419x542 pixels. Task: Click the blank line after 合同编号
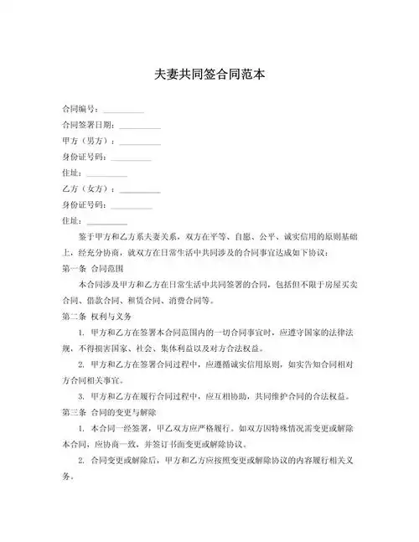(x=123, y=111)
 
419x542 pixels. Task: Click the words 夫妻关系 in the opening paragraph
(x=193, y=237)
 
